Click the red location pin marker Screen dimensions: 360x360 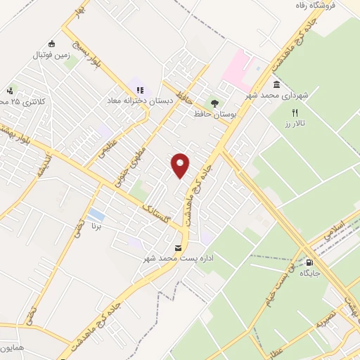[x=181, y=165]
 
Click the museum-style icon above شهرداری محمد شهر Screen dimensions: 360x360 [x=276, y=85]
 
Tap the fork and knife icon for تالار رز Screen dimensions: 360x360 [x=295, y=112]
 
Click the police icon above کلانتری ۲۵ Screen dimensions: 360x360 [x=10, y=91]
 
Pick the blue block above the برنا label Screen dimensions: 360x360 [x=98, y=214]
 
